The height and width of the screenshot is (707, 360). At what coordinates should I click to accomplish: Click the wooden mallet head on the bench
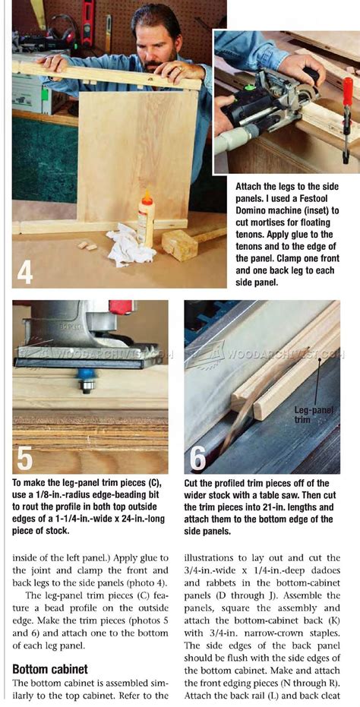179,245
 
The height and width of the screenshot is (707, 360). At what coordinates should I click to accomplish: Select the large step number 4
25,270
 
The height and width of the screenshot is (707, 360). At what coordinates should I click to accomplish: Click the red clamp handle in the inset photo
347,93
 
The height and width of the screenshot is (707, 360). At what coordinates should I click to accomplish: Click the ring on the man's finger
180,68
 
